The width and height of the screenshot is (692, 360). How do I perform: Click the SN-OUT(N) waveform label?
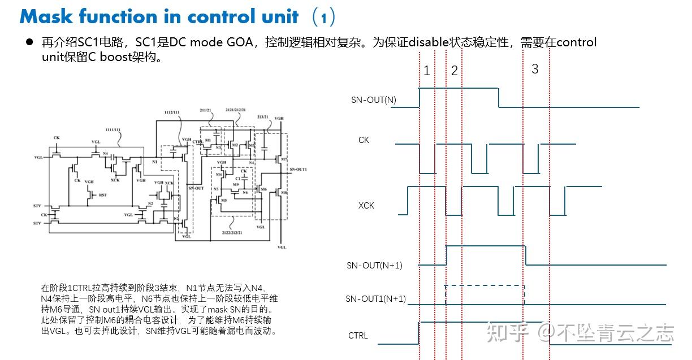[x=373, y=100]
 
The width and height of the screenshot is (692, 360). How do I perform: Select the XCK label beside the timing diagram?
[x=366, y=206]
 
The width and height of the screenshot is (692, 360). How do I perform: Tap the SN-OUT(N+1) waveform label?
[x=374, y=265]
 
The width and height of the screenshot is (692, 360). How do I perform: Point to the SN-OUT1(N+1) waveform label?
[x=375, y=299]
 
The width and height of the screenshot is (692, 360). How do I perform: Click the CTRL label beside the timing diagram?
[x=358, y=336]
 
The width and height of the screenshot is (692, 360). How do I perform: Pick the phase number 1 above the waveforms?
[x=427, y=71]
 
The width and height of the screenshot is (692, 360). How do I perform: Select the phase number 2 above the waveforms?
[x=454, y=71]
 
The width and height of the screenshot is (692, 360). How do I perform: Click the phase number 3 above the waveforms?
[x=535, y=69]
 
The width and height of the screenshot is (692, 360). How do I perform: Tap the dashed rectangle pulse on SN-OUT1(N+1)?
[x=485, y=295]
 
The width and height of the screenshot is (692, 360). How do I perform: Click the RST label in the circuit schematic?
[x=102, y=194]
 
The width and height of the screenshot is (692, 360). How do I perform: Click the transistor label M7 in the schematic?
[x=284, y=160]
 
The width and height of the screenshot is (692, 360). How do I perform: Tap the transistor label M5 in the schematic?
[x=224, y=200]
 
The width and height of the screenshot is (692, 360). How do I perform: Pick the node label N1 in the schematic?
[x=155, y=162]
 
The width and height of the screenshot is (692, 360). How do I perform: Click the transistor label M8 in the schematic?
[x=284, y=192]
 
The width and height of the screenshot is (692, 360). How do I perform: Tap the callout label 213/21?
[x=262, y=116]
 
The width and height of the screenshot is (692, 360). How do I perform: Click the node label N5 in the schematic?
[x=215, y=188]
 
